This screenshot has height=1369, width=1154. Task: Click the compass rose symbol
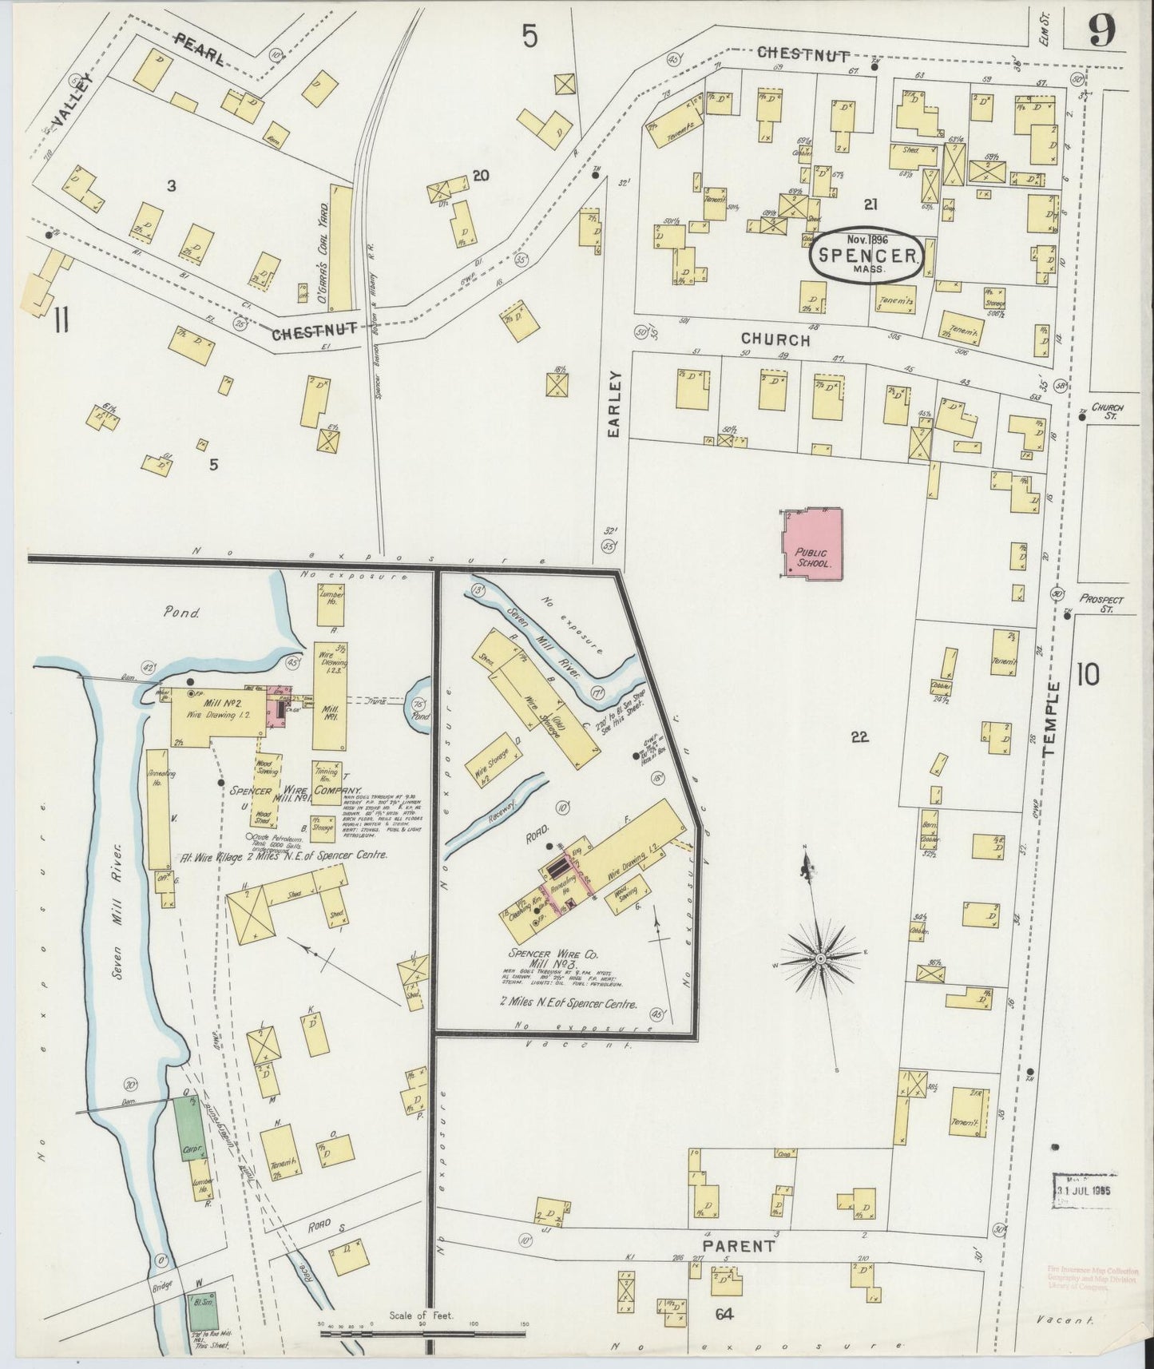(x=821, y=956)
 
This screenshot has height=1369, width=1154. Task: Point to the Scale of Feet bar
(x=422, y=1329)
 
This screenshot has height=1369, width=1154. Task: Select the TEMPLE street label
(x=1049, y=720)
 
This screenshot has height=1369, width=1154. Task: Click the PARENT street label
(x=738, y=1246)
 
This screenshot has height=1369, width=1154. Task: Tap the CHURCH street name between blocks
(x=774, y=339)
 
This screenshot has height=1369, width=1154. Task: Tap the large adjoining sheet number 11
(x=61, y=322)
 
